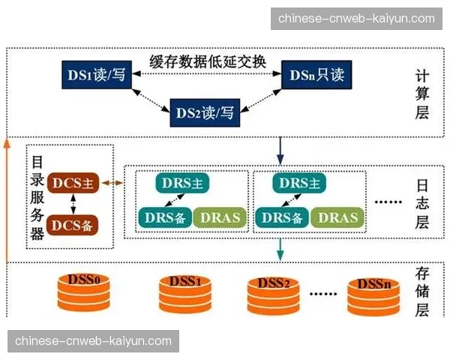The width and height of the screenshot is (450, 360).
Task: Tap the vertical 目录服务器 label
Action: pyautogui.click(x=35, y=197)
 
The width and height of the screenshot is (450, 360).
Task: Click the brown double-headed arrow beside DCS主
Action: pyautogui.click(x=113, y=183)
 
